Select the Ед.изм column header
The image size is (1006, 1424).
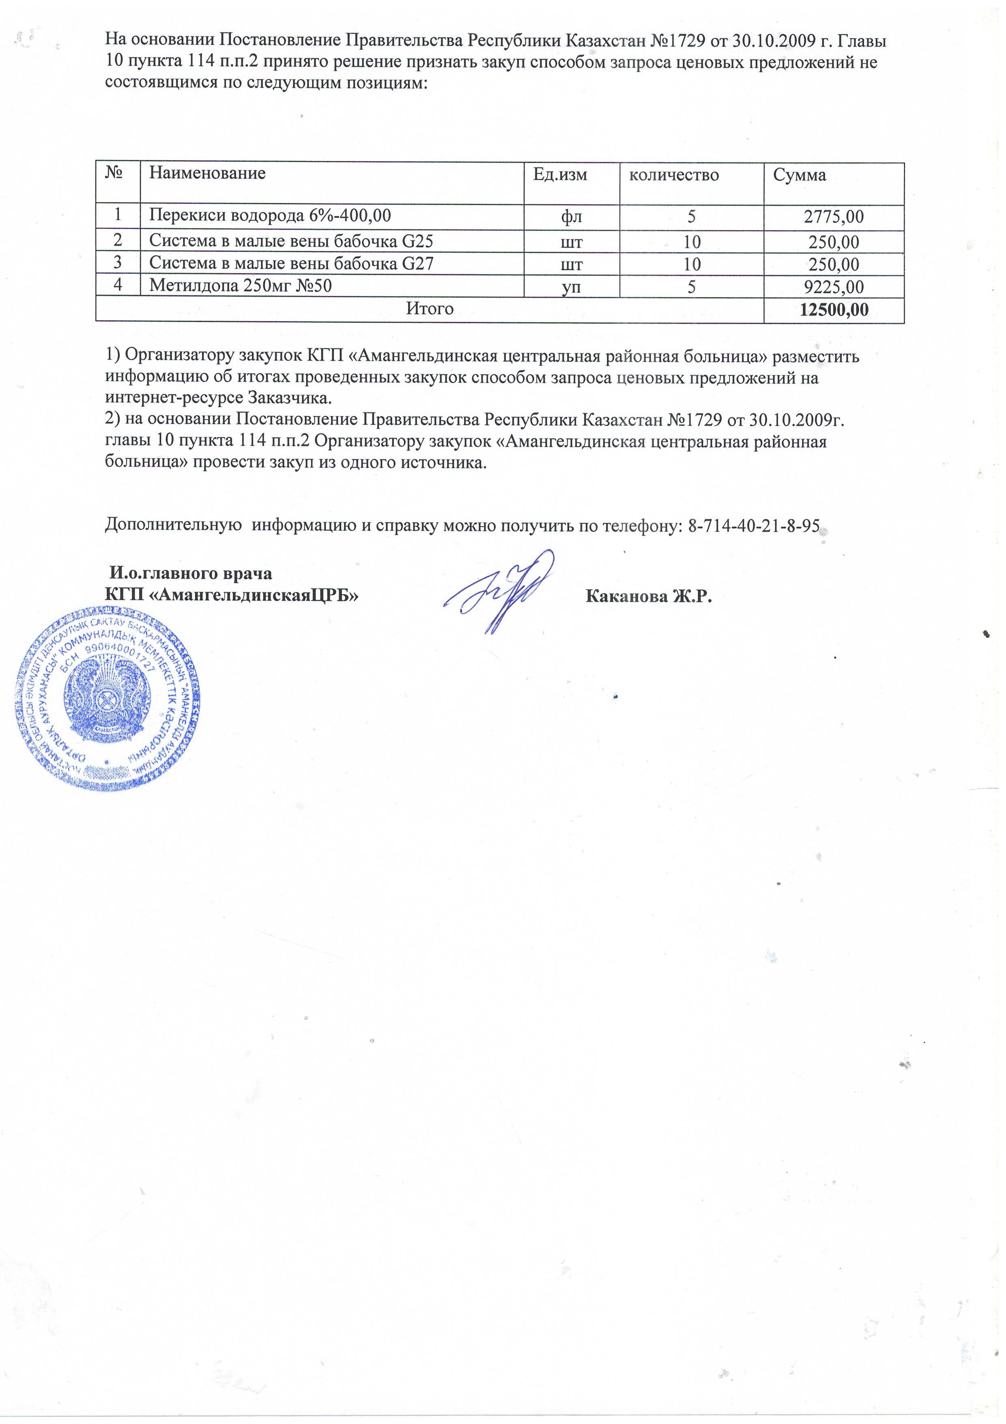(x=560, y=175)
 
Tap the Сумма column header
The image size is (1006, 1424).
(x=799, y=175)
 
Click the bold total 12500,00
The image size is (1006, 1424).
(x=834, y=309)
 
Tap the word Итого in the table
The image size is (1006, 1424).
(x=430, y=308)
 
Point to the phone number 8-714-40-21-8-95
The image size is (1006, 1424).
(x=754, y=526)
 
